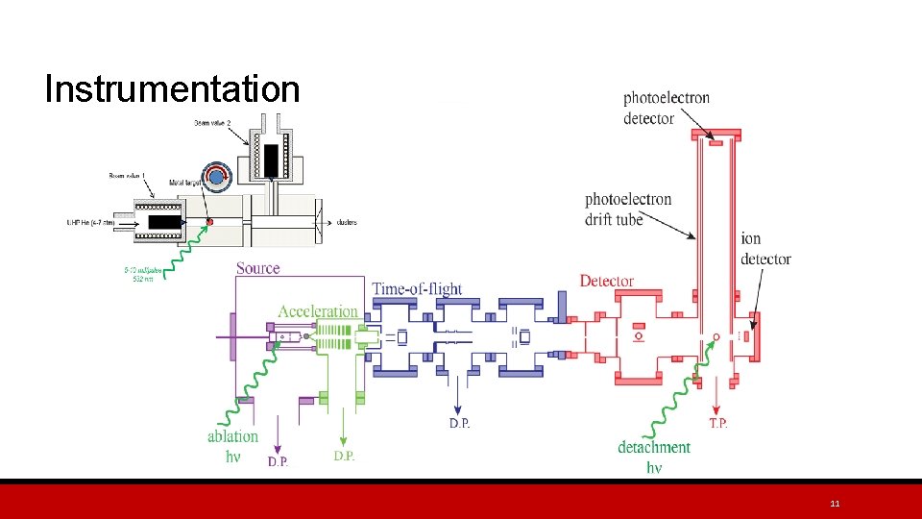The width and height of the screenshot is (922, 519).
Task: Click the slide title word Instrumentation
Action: [x=172, y=89]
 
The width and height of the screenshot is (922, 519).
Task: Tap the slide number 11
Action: [x=835, y=504]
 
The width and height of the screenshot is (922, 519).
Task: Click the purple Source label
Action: [x=257, y=268]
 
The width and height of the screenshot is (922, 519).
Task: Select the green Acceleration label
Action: [x=318, y=311]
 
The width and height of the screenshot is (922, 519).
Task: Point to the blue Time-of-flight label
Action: [x=417, y=288]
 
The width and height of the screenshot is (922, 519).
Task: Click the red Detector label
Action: [x=607, y=281]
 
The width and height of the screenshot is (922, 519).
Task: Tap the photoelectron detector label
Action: [x=667, y=108]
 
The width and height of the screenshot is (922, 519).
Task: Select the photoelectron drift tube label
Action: [x=628, y=210]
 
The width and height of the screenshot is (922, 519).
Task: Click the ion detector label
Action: [x=765, y=249]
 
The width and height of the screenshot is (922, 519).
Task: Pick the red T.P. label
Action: [x=717, y=424]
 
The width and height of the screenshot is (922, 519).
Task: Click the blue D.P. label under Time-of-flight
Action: [x=460, y=424]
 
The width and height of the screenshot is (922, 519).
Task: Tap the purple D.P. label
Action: [x=278, y=461]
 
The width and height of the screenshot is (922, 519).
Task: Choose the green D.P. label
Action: [x=344, y=456]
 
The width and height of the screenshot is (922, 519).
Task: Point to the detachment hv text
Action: [x=654, y=457]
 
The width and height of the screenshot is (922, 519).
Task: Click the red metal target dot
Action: [x=209, y=223]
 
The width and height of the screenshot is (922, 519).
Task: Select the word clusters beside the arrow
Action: [x=347, y=223]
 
